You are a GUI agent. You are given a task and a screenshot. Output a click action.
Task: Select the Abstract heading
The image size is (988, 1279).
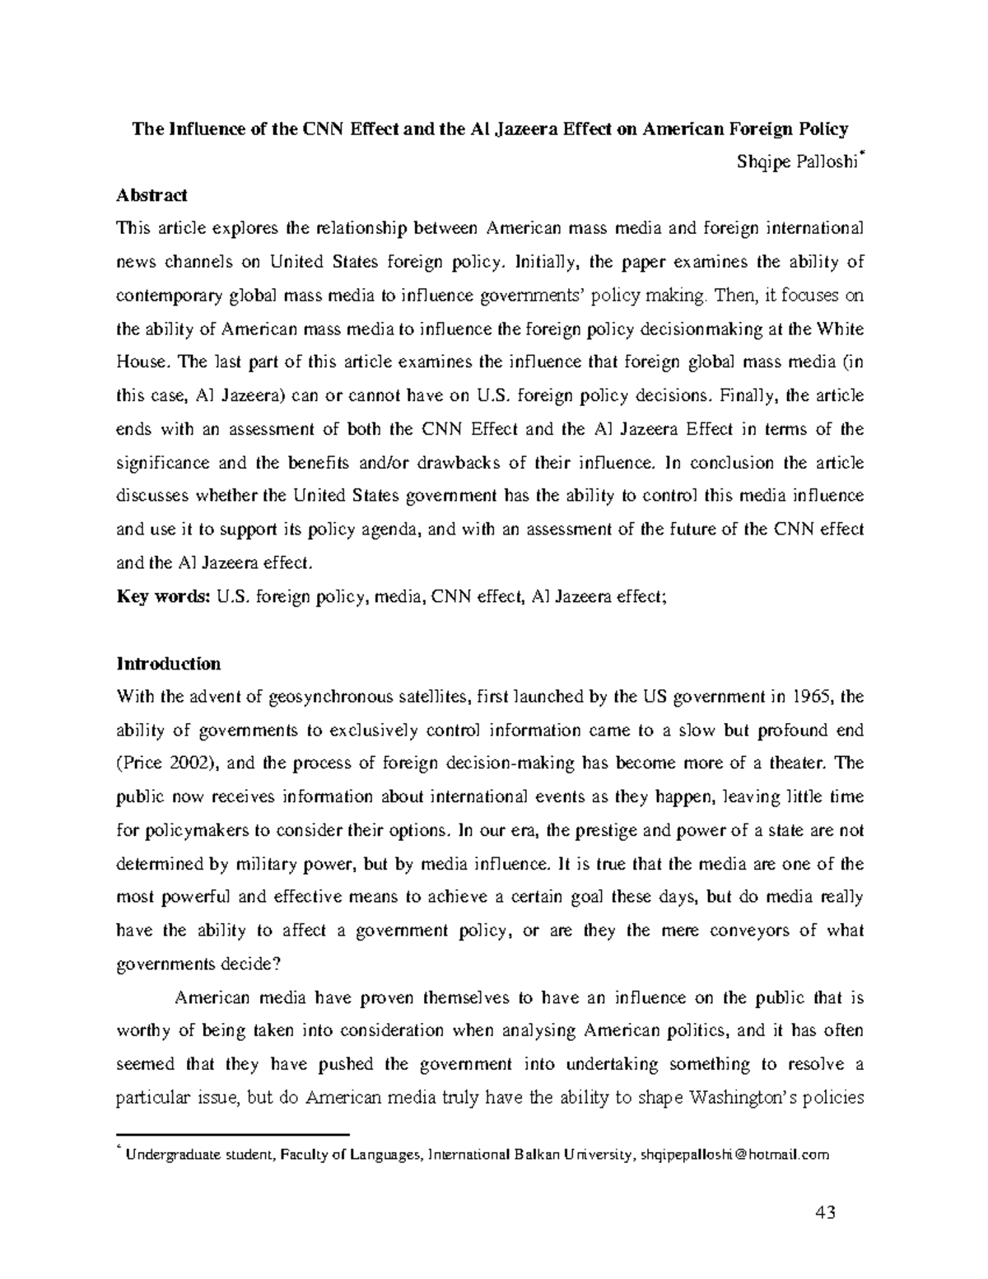(152, 195)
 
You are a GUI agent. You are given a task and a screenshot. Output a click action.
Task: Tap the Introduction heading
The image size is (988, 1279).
(169, 664)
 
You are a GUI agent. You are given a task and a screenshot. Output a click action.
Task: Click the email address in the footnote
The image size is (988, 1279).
(736, 1155)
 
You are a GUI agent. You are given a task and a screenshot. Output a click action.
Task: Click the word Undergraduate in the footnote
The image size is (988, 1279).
(170, 1155)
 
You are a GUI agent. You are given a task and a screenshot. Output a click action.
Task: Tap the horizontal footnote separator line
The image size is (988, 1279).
(233, 1135)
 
